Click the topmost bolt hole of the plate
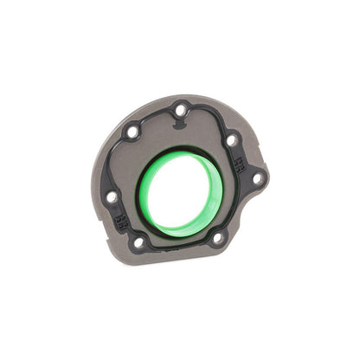[x=179, y=110]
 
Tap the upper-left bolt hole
[x=132, y=132]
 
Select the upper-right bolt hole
[x=231, y=139]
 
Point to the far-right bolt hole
[x=257, y=178]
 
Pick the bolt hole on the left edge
[x=112, y=196]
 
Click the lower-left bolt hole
[x=138, y=242]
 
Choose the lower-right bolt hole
[x=217, y=236]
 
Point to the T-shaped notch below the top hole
[x=179, y=126]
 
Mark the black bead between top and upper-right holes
[x=208, y=114]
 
